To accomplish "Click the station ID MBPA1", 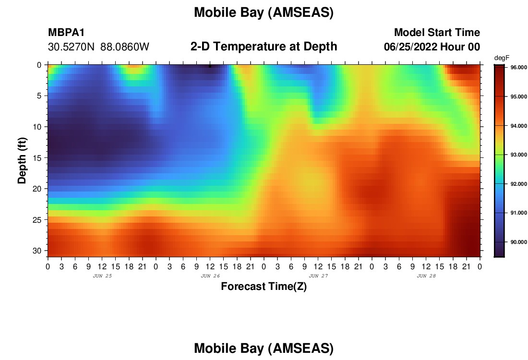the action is coord(66,32).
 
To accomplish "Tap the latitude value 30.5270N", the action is coord(72,47).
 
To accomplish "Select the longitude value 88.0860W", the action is coord(125,47).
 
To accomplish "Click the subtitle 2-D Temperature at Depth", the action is coord(264,47).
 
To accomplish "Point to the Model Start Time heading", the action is coord(437,32).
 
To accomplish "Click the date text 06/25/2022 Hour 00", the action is coord(432,47).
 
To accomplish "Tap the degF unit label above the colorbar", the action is coord(502,58).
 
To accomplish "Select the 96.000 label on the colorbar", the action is coord(518,67).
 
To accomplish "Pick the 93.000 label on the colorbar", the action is coord(518,155).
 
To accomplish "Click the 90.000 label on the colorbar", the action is coord(518,242).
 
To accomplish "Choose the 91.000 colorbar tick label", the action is coord(518,213).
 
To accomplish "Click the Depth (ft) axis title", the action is coord(22,161).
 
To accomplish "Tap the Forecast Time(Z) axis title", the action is coord(264,286).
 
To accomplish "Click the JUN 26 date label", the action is coord(210,276).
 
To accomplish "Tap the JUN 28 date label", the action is coord(426,276).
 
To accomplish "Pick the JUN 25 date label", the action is coord(102,276).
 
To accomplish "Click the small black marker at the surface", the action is coord(210,66).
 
